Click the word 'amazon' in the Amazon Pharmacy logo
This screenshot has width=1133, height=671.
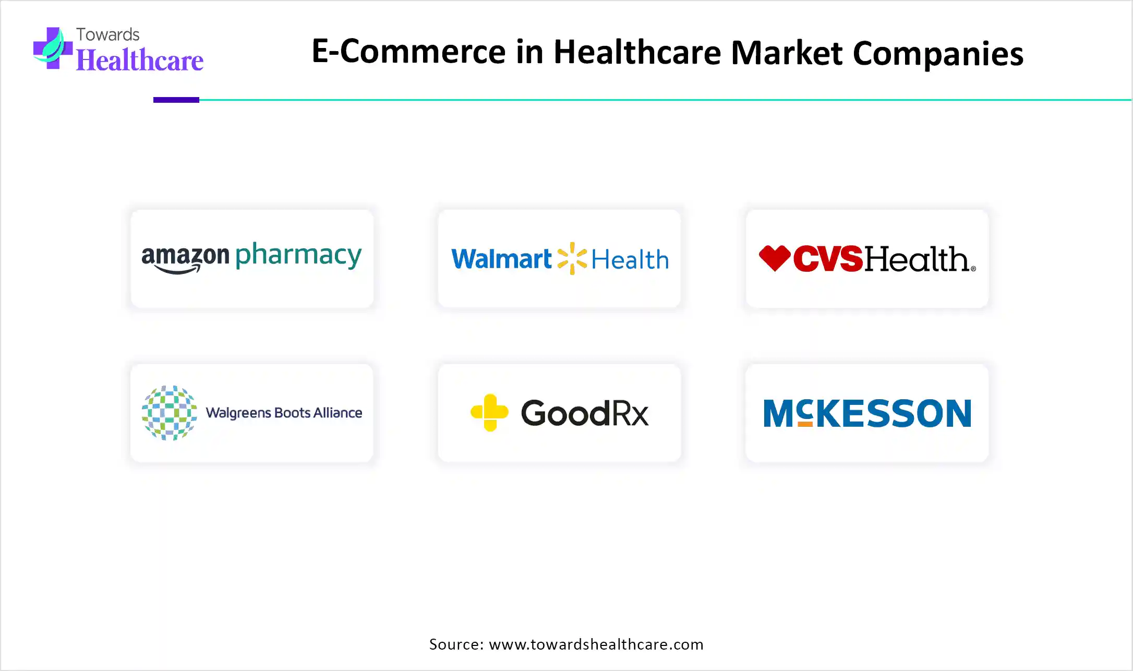pos(185,257)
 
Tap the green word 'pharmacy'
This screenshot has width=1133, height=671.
pos(298,256)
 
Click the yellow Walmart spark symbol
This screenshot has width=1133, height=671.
pos(572,258)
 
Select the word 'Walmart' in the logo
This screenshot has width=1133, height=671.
pos(501,259)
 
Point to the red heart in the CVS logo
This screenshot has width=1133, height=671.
pos(775,258)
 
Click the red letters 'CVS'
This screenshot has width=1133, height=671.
pos(828,259)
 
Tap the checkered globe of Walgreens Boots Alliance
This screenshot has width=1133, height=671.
pos(170,413)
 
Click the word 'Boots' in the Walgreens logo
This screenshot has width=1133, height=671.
pos(292,413)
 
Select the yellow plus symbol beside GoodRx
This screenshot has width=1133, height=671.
pos(489,413)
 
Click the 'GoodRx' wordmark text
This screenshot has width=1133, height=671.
pos(585,413)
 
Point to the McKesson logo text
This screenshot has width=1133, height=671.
pos(867,413)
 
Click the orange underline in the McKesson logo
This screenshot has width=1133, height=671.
pos(805,424)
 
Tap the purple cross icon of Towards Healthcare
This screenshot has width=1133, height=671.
pos(52,48)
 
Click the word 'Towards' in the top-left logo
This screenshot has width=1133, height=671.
pos(108,34)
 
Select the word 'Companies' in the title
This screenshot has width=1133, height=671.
pos(938,53)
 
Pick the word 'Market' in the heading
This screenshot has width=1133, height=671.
pos(787,52)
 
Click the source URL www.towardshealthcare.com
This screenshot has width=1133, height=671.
pos(596,644)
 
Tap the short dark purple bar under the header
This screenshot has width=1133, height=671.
pos(176,100)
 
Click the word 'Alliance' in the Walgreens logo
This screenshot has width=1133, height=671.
pos(338,413)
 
